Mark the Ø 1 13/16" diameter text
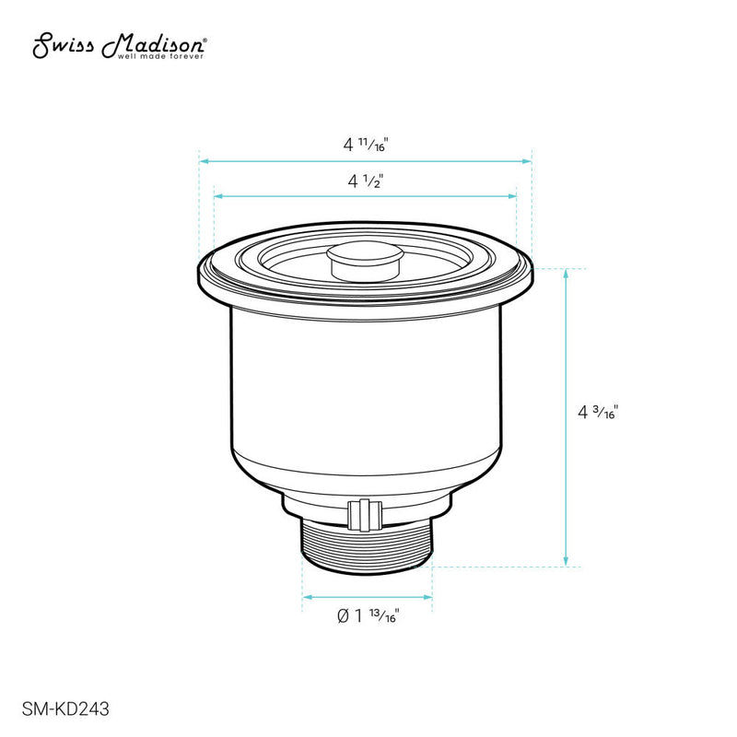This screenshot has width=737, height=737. [368, 615]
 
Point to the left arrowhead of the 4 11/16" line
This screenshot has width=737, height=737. [204, 161]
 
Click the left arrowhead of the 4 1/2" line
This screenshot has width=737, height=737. [218, 195]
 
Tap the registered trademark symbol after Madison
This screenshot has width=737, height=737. [205, 41]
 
